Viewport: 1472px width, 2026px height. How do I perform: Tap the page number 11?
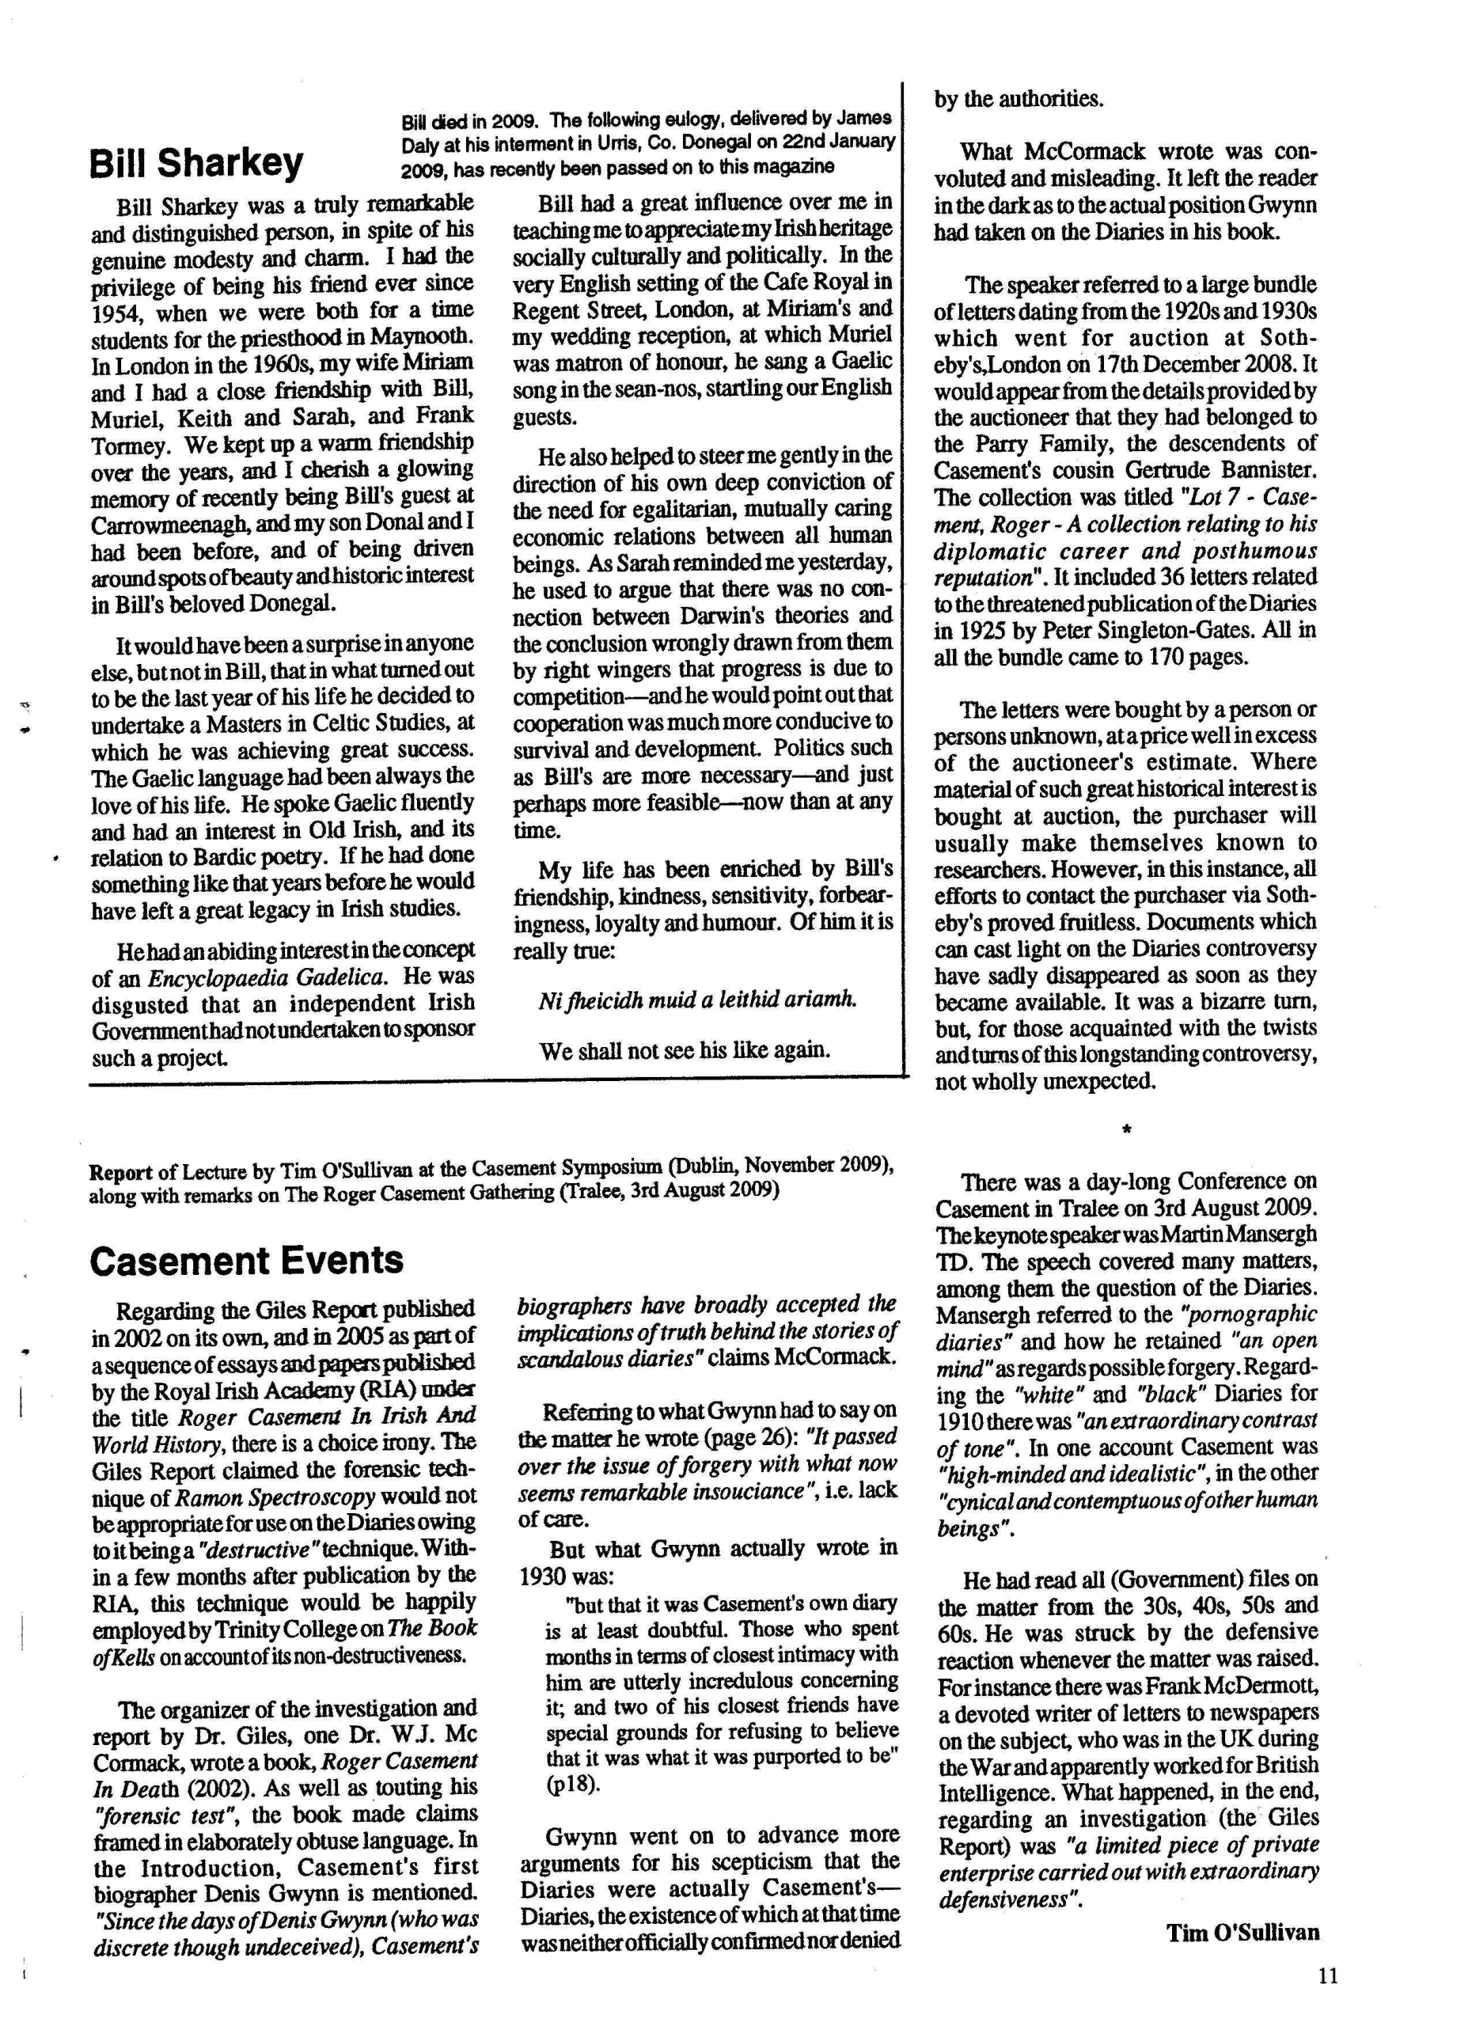(x=1327, y=1976)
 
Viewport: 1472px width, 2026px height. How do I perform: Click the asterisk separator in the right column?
(x=1126, y=1131)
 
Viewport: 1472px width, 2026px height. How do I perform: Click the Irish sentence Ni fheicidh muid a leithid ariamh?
(x=696, y=1000)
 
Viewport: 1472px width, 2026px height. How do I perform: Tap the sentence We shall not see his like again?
(x=685, y=1050)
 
